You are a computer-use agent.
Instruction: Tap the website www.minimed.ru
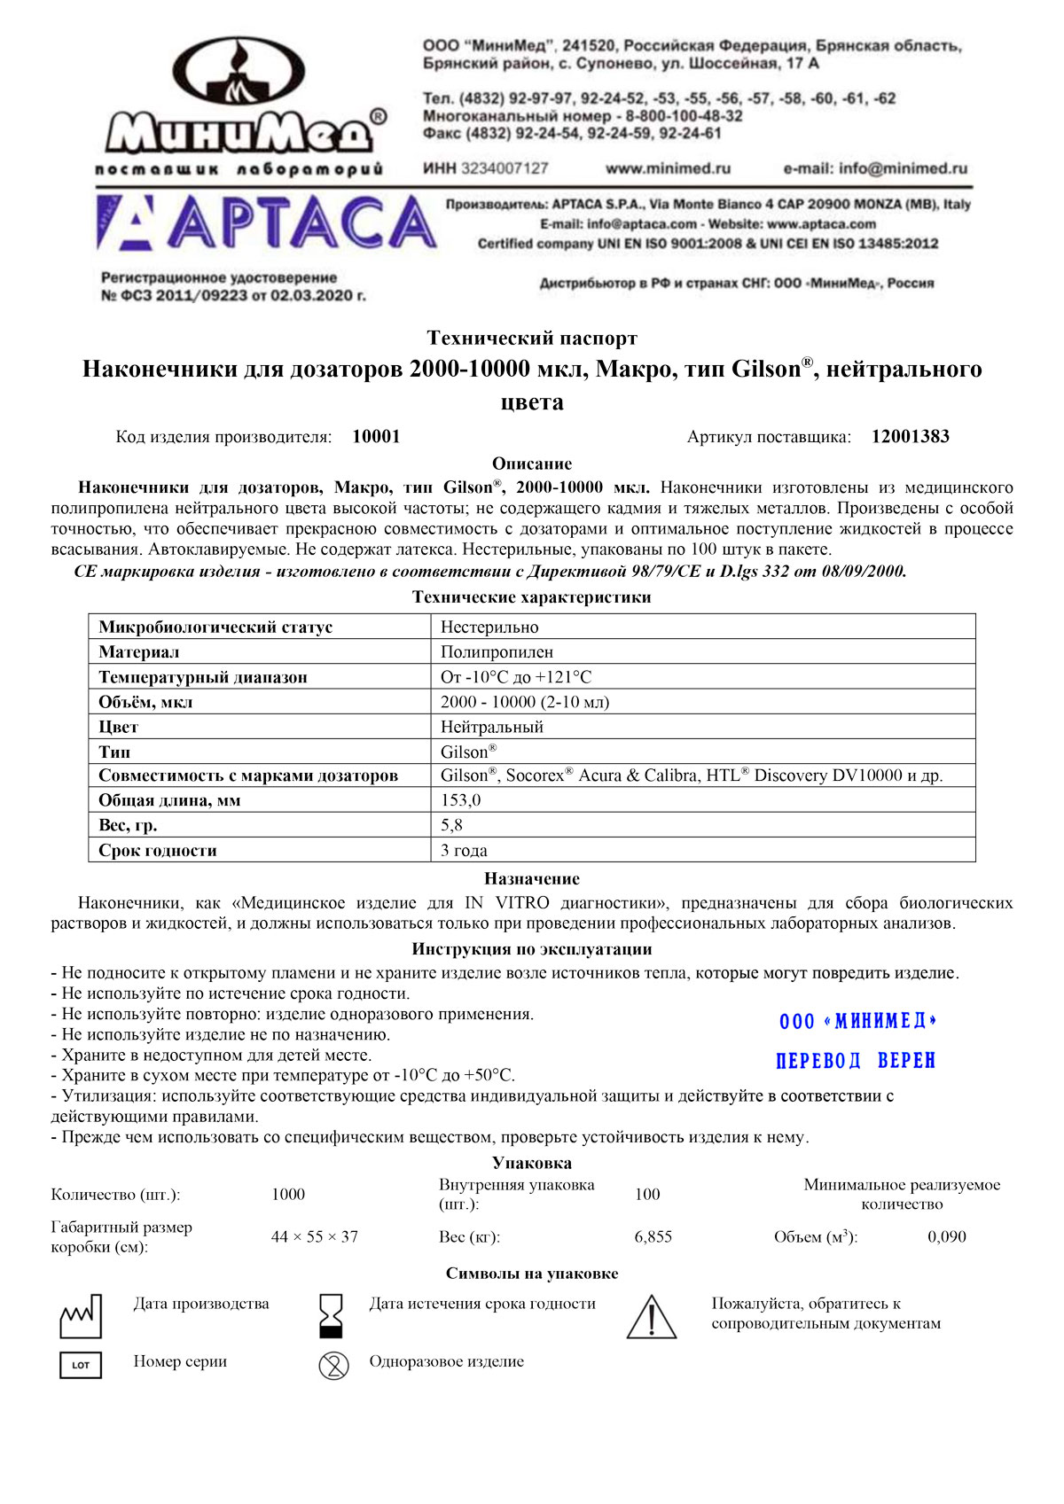click(x=668, y=168)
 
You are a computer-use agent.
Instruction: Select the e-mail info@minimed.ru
click(x=875, y=168)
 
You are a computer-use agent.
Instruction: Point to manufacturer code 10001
click(x=376, y=437)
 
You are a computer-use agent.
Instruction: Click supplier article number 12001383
click(x=910, y=437)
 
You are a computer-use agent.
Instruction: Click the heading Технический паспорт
click(x=532, y=338)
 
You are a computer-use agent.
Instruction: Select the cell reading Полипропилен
click(x=497, y=652)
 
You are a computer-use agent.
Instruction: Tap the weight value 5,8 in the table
click(x=451, y=825)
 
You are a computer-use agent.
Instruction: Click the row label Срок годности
click(x=158, y=851)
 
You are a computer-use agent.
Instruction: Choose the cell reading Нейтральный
click(x=492, y=727)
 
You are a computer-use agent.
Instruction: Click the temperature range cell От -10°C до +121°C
click(x=516, y=677)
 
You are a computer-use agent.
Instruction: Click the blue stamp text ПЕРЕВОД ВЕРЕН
click(x=856, y=1061)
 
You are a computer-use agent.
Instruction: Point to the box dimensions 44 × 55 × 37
click(x=315, y=1237)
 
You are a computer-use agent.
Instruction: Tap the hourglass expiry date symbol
click(x=331, y=1315)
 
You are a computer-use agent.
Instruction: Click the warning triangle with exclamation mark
click(x=652, y=1317)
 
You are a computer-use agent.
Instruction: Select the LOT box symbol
click(x=81, y=1365)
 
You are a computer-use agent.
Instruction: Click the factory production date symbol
click(x=81, y=1316)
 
